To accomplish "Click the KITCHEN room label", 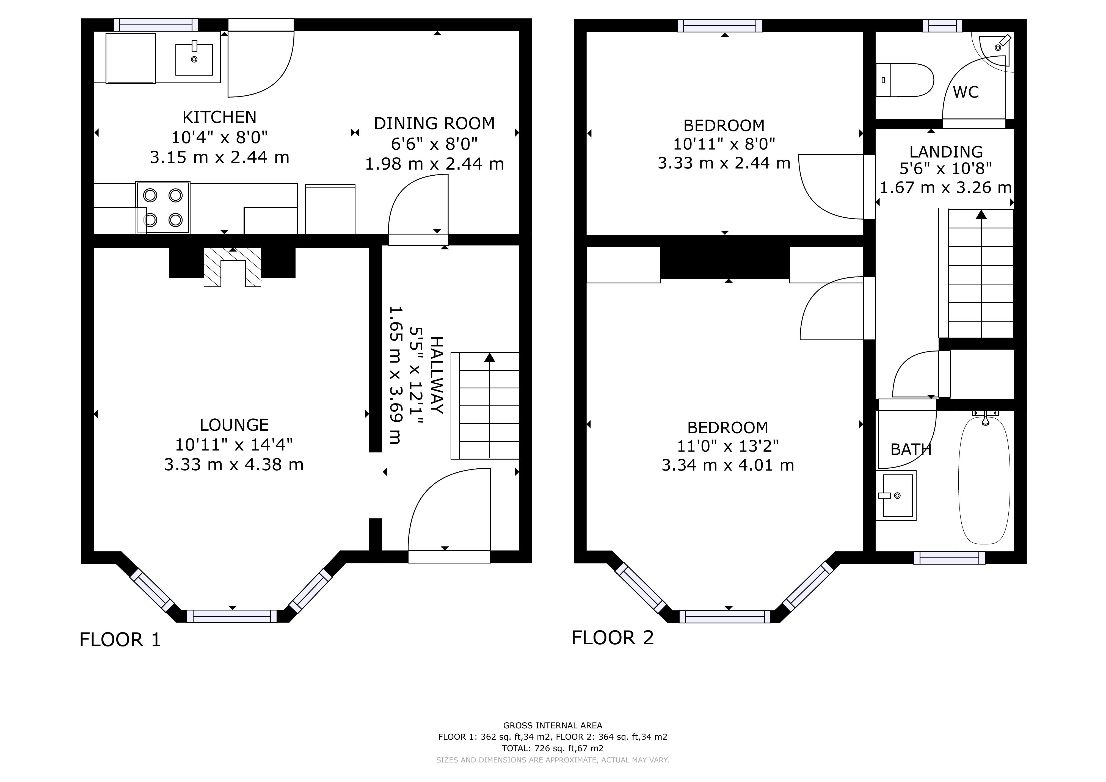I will tap(219, 117).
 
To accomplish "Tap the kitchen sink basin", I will tap(194, 59).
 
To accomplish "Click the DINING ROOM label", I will tap(434, 124).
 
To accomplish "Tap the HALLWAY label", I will tap(436, 375).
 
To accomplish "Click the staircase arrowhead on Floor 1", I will tap(489, 357).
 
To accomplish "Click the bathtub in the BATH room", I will tap(984, 480).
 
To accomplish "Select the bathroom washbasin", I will tap(896, 496).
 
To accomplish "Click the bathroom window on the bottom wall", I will tap(949, 558).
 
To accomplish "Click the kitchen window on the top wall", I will tap(156, 24).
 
